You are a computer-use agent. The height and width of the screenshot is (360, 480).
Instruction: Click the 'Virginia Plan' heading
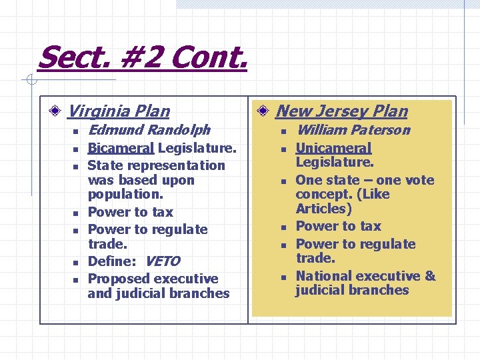click(119, 111)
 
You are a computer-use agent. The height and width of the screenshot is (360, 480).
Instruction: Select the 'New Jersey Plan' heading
click(341, 111)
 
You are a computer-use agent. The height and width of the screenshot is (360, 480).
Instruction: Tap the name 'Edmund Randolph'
click(149, 129)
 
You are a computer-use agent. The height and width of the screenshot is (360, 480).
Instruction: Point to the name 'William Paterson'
click(353, 129)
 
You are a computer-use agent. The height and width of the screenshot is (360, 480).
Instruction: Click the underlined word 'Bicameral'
click(121, 147)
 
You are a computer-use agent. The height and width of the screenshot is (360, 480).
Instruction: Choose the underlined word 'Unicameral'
click(333, 148)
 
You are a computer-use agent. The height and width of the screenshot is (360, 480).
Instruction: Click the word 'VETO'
click(162, 261)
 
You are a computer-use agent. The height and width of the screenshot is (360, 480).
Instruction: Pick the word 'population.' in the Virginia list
click(121, 195)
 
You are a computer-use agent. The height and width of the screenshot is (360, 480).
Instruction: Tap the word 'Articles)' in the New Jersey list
click(323, 209)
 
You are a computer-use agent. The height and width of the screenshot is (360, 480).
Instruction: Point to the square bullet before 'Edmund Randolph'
click(77, 131)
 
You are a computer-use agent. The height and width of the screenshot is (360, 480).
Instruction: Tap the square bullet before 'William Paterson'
click(283, 131)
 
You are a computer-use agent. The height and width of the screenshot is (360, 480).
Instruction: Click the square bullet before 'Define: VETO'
click(77, 263)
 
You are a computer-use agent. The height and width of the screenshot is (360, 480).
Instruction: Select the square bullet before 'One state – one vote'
click(283, 182)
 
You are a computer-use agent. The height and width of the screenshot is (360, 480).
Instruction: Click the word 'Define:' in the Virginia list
click(113, 261)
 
